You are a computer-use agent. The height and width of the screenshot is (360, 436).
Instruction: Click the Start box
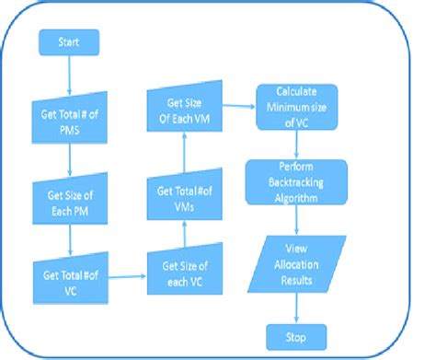[68, 42]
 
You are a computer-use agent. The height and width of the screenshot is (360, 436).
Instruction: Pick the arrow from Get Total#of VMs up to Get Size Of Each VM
[184, 152]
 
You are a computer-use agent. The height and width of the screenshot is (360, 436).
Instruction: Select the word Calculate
[296, 92]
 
